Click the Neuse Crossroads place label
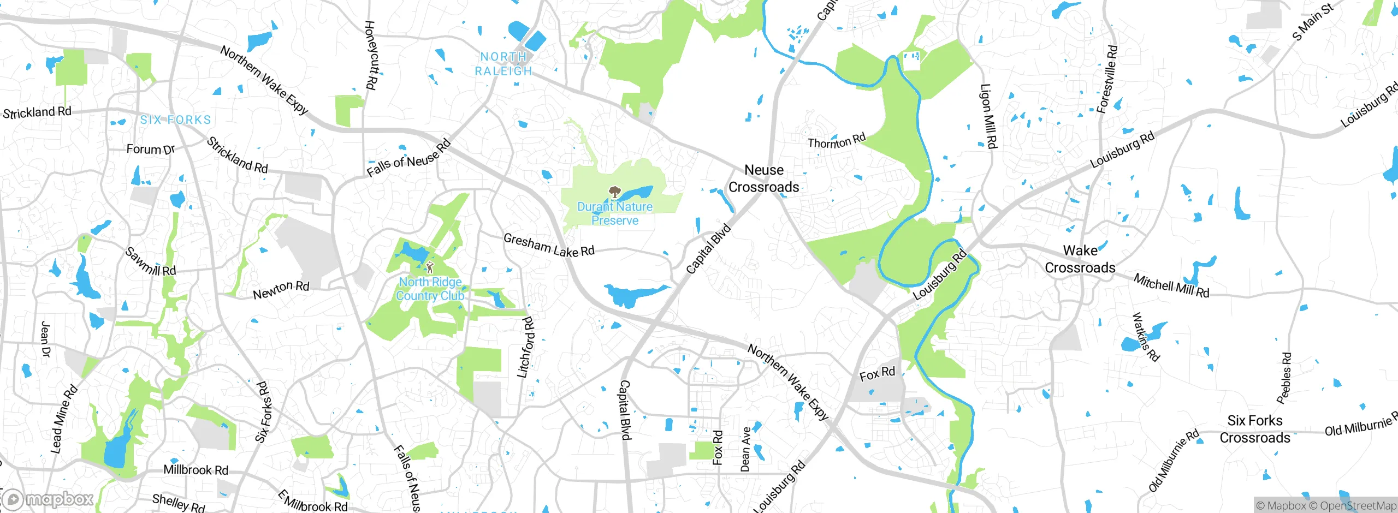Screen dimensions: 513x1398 click(x=763, y=178)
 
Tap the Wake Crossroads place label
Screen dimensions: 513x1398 click(x=1080, y=259)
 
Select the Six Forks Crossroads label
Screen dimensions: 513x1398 click(x=1254, y=429)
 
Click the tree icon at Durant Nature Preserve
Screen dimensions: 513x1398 click(x=615, y=192)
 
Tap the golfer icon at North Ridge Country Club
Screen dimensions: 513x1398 click(x=430, y=267)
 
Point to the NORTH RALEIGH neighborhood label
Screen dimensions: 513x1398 click(x=503, y=64)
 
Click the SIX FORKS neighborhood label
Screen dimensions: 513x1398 click(x=175, y=120)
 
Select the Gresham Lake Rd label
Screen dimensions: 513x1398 click(x=548, y=246)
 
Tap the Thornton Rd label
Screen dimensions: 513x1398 click(x=836, y=141)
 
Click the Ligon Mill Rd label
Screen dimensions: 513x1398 click(x=988, y=116)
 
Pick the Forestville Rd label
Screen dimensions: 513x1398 click(x=1107, y=79)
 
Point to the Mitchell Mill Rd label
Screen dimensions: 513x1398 click(x=1171, y=285)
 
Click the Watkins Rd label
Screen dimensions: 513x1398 click(x=1145, y=337)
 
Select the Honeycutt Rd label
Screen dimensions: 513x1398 click(x=370, y=55)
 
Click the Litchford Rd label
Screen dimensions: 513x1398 click(x=526, y=348)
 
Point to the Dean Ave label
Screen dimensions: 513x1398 click(x=745, y=449)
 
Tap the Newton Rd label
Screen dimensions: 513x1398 click(x=281, y=290)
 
